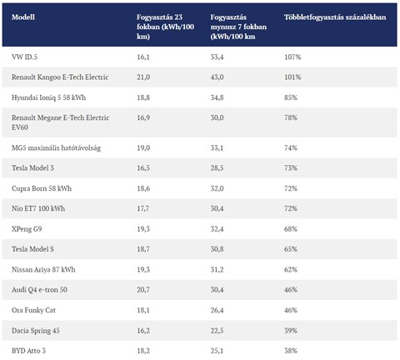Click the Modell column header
23,17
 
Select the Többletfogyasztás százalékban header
335,17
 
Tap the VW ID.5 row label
24,57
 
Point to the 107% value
292,57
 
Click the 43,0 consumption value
217,77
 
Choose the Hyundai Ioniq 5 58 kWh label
48,97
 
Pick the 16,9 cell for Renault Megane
143,117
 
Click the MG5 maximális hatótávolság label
56,147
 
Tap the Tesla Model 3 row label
32,168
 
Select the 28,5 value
217,168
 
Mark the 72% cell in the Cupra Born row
291,188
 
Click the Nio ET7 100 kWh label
38,208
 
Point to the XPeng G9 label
27,229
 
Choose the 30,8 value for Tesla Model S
217,249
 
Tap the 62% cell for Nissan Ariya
291,269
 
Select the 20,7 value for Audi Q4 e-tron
143,290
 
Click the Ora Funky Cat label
33,310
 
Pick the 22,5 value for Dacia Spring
217,331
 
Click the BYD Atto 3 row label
28,351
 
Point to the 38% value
291,351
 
